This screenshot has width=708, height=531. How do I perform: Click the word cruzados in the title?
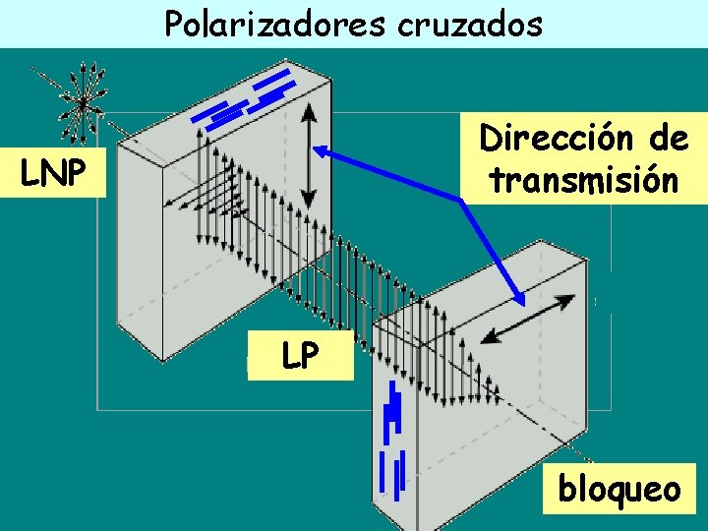[x=469, y=23]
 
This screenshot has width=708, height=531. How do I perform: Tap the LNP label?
[x=54, y=173]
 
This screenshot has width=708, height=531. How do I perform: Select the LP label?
[x=299, y=357]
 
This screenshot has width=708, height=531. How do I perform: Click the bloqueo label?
[x=619, y=488]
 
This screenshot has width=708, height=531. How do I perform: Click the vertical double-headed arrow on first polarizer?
[x=309, y=157]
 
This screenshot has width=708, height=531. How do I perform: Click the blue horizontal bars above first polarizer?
[x=248, y=99]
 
